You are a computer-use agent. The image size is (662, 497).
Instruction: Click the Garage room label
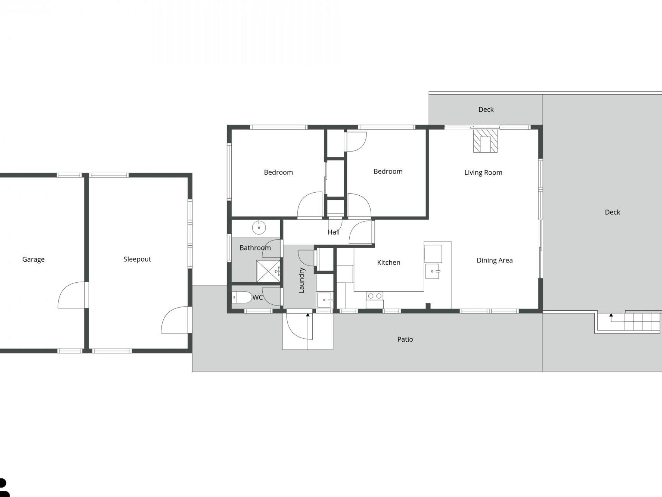tap(33, 260)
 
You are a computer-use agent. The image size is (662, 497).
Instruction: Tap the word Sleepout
tap(137, 259)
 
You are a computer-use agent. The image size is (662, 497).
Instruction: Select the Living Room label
tap(483, 173)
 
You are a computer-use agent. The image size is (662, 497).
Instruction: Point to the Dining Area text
tap(494, 260)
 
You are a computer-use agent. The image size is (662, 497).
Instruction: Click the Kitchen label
tap(389, 263)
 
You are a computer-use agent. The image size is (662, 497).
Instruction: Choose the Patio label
tap(405, 339)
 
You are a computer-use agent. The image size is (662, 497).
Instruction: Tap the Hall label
tap(333, 232)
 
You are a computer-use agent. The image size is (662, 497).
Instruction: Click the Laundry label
tap(302, 280)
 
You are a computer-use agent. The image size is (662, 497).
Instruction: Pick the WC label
tap(258, 298)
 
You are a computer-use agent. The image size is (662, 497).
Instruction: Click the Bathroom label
tap(255, 248)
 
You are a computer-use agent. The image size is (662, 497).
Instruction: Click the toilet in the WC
tap(242, 297)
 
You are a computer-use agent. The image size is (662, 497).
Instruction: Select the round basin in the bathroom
tap(259, 228)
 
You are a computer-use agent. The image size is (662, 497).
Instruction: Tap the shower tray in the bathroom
tap(268, 271)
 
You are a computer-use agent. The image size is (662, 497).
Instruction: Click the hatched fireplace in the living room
tap(485, 140)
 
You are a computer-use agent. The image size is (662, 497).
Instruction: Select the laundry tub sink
tap(324, 300)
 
